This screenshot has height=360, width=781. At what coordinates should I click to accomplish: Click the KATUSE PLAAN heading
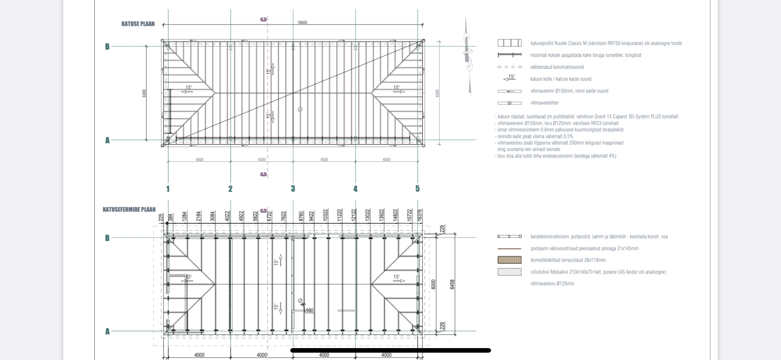click(138, 24)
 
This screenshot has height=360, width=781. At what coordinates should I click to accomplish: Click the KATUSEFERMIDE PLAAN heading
click(129, 210)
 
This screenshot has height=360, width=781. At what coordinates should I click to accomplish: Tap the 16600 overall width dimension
click(302, 22)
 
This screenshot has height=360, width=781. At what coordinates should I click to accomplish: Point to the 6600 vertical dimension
click(437, 93)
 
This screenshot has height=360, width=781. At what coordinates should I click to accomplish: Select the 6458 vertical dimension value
click(452, 284)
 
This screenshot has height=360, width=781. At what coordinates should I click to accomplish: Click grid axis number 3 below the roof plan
click(293, 189)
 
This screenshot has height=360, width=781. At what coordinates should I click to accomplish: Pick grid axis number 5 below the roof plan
click(417, 189)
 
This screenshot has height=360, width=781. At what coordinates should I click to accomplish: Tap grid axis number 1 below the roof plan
click(168, 189)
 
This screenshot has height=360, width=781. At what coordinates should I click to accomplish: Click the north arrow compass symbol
click(467, 56)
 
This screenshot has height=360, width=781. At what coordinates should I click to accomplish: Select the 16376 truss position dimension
click(420, 215)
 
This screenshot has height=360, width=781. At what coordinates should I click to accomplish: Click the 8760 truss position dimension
click(301, 216)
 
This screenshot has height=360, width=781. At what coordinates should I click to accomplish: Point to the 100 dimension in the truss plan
click(309, 310)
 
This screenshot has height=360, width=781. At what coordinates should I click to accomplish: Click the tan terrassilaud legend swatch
click(510, 260)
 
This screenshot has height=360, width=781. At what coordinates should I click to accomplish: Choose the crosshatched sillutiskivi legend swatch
click(510, 272)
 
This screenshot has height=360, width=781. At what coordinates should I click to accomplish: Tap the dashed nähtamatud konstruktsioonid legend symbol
click(510, 67)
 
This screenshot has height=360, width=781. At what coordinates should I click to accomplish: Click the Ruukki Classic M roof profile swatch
click(510, 43)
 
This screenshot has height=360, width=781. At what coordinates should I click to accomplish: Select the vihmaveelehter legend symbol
click(510, 103)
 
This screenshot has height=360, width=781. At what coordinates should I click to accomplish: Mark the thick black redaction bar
click(390, 350)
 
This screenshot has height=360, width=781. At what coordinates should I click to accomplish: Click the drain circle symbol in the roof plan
click(300, 109)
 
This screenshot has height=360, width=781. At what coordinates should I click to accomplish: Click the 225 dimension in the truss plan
click(161, 218)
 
